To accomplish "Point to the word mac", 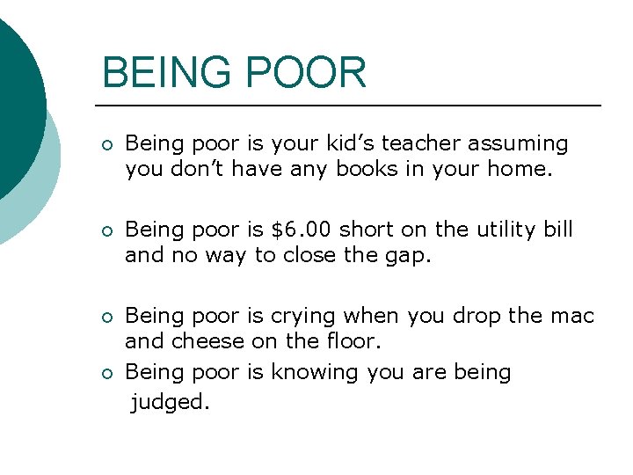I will pos(573,316).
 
